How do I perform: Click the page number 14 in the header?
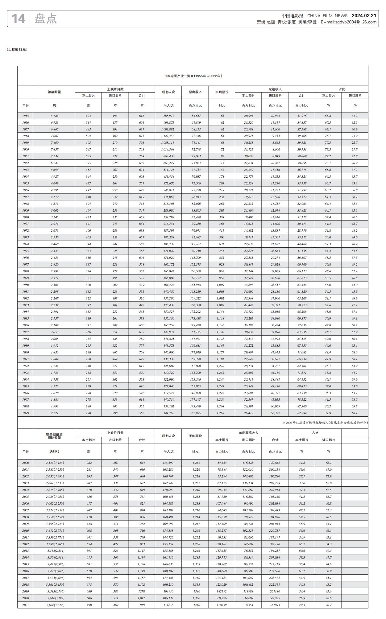(x=18, y=19)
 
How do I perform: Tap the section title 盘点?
(x=46, y=19)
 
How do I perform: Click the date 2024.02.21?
(x=364, y=16)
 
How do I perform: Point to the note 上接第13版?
(x=17, y=49)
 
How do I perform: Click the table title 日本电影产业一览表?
(x=193, y=76)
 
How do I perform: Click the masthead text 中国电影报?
(x=292, y=16)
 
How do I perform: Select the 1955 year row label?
(x=25, y=116)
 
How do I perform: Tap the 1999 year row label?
(x=25, y=413)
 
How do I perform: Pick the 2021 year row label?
(x=25, y=605)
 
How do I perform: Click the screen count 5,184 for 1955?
(x=54, y=116)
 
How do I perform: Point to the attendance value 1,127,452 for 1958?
(x=168, y=136)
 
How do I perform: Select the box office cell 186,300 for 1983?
(x=195, y=305)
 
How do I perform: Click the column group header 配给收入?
(x=275, y=89)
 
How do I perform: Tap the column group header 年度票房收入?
(x=248, y=433)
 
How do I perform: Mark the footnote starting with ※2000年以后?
(x=325, y=423)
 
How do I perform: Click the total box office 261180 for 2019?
(x=275, y=592)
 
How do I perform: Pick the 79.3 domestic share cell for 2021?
(x=301, y=605)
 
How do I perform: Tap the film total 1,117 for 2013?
(x=142, y=551)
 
